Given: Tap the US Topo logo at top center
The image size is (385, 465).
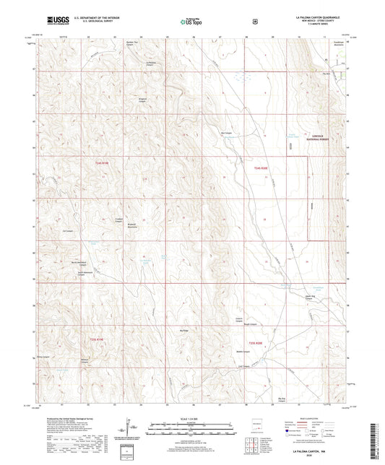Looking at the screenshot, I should (192, 22).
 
